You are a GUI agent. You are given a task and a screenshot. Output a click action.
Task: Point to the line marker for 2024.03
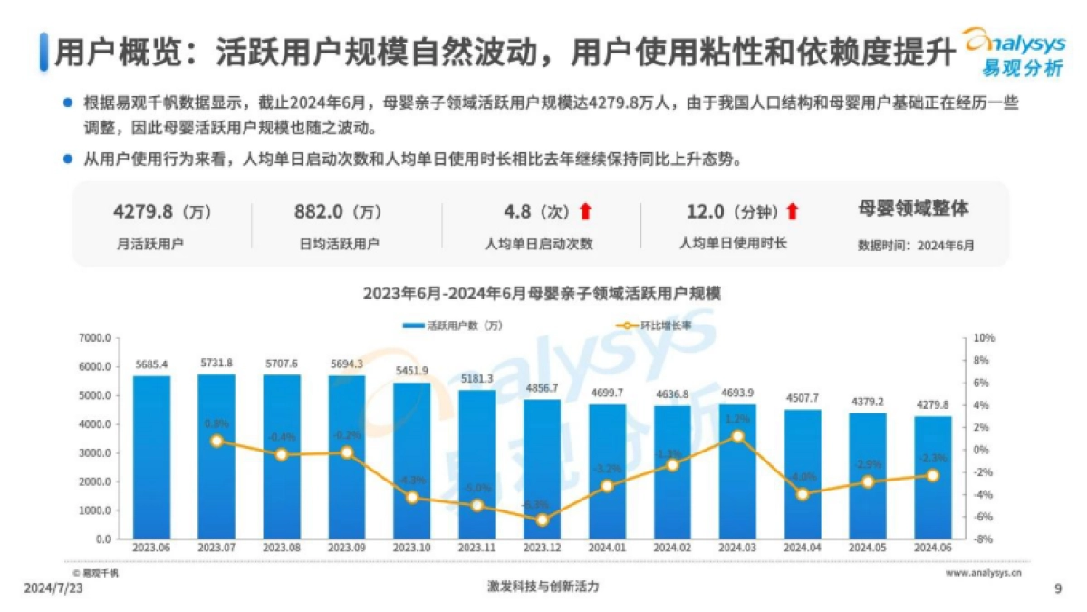coord(737,436)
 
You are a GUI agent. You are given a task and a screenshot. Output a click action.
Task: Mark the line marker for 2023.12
coord(542,520)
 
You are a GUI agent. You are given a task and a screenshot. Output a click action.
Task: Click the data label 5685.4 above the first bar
coord(151,364)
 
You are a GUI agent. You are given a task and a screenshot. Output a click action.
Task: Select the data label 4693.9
coord(737,393)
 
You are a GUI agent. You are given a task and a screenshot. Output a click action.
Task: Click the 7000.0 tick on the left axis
coord(94,338)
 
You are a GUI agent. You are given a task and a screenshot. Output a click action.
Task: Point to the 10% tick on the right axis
coord(984,338)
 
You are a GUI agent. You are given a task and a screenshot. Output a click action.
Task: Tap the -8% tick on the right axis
coord(984,539)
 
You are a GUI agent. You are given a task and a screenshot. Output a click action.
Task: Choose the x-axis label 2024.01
coord(607,549)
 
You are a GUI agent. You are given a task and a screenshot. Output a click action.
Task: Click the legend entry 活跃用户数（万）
coord(453,325)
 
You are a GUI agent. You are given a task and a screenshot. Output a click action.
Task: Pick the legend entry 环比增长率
coord(653,325)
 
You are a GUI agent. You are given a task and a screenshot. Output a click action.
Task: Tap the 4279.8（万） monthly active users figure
coord(161,212)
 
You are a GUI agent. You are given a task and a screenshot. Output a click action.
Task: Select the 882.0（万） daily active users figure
coord(338,212)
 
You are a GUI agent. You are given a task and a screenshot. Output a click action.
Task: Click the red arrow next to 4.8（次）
coord(585,212)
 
